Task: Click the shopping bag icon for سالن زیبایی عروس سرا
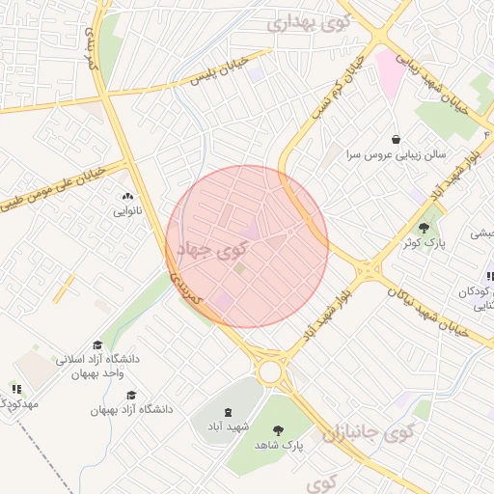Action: (396, 139)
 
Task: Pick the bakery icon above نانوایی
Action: (126, 196)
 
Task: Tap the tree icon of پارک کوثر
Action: (424, 229)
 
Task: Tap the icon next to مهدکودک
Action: (16, 389)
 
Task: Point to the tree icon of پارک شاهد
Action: (279, 431)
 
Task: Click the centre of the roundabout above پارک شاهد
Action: (270, 370)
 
